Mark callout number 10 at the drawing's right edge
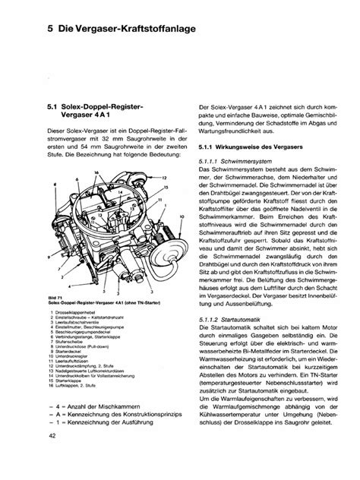coord(180,216)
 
